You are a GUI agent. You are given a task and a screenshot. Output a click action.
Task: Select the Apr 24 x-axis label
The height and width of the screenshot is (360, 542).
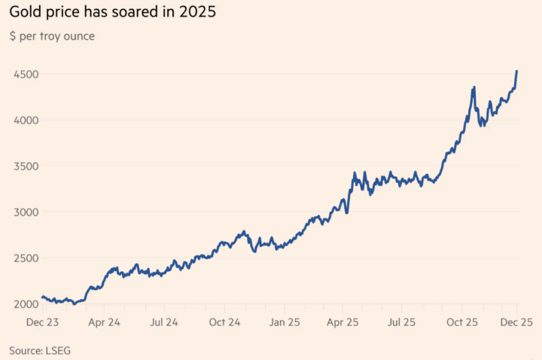[104, 322]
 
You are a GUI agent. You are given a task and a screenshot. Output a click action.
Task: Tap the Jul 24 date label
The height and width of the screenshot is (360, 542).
[163, 322]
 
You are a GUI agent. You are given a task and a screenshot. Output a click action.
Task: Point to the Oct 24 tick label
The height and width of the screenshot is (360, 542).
[224, 322]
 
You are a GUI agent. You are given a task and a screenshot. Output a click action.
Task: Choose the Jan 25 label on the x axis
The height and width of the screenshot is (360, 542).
[284, 322]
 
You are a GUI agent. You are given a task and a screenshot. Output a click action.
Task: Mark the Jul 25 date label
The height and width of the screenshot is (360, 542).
[402, 322]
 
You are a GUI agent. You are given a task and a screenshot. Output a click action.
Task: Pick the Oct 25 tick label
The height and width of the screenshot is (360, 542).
[462, 322]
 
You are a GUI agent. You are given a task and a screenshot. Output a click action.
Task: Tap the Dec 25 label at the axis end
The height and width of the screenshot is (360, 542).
[516, 322]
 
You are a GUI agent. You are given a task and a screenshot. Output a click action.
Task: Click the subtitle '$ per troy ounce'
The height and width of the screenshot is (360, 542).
[52, 36]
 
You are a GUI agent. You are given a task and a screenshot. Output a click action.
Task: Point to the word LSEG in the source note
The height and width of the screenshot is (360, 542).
[58, 350]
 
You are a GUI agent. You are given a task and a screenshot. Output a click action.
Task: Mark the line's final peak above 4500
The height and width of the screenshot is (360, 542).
[517, 71]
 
